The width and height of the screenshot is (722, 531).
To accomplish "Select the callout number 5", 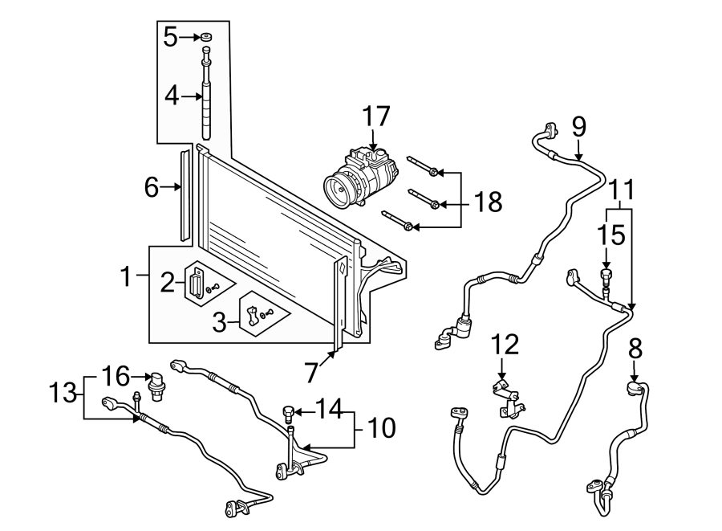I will pos(169,36).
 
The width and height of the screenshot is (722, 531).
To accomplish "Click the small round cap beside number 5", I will pos(206,37).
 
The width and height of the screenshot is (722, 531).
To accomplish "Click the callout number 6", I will pos(152,187).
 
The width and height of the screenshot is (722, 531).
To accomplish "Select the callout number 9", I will pos(578,127).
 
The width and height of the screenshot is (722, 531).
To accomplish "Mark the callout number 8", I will pos(635,349).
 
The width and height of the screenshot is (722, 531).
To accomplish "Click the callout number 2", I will pos(167,281).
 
